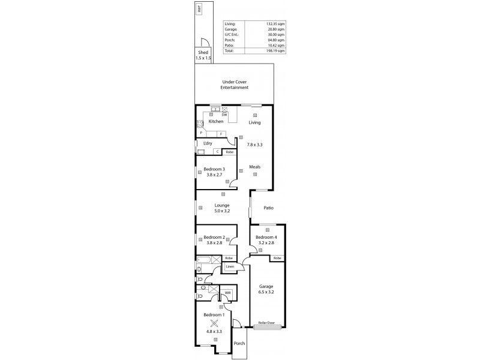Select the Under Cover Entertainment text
[234, 85]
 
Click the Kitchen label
[216, 122]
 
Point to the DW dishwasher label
[224, 115]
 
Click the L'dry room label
[208, 144]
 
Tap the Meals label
[255, 167]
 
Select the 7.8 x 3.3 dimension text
[255, 145]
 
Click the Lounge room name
[223, 205]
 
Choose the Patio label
[268, 208]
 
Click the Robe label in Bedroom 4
[277, 258]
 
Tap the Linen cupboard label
[230, 266]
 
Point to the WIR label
[228, 293]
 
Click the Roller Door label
[267, 323]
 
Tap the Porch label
[239, 344]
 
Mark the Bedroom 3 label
[214, 169]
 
